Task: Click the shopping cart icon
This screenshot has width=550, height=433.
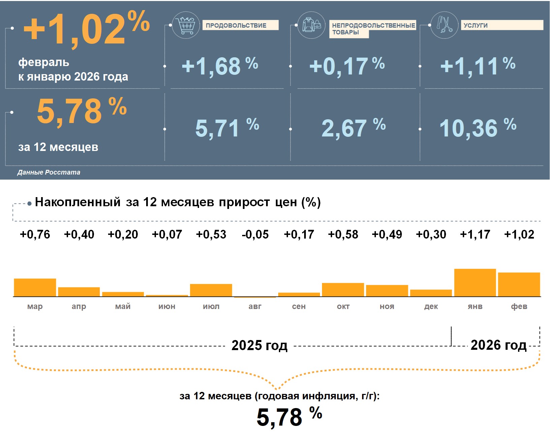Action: (x=186, y=25)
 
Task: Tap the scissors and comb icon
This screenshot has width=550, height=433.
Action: (x=444, y=25)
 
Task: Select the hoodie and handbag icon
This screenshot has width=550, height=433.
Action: (x=312, y=25)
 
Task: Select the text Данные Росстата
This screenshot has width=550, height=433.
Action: (x=49, y=172)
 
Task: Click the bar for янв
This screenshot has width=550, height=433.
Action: (x=475, y=283)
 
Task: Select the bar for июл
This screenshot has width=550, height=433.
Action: (x=211, y=290)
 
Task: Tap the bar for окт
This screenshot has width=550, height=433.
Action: (x=343, y=290)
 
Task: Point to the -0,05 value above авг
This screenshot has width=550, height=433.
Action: (x=255, y=235)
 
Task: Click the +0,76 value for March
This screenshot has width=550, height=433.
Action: (x=35, y=235)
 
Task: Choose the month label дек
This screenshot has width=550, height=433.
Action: (x=431, y=307)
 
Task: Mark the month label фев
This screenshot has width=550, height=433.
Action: (x=519, y=307)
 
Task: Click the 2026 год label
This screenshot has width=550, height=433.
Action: (x=498, y=345)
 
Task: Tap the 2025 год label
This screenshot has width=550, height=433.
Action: (x=259, y=345)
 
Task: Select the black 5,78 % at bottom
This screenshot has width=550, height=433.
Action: (x=289, y=417)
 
